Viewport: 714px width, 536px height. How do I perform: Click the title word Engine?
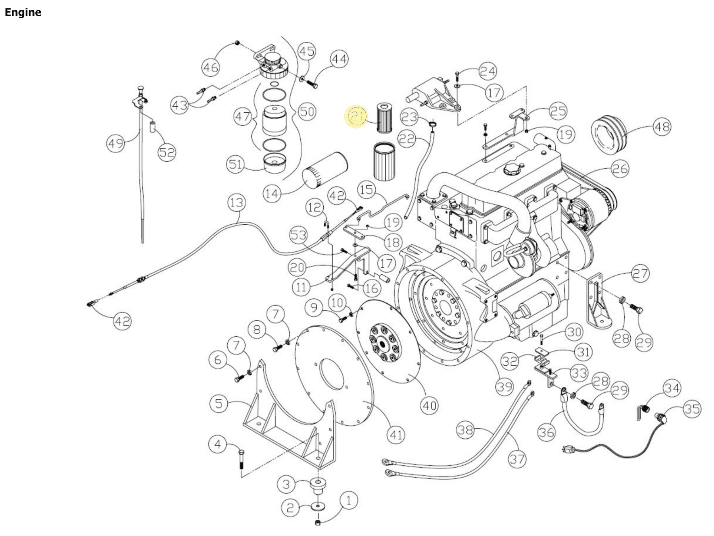[x=23, y=12]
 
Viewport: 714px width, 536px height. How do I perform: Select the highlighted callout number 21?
[x=356, y=116]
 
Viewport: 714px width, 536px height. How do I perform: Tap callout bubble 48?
[x=662, y=127]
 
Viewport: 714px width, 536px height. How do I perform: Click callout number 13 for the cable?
[x=236, y=203]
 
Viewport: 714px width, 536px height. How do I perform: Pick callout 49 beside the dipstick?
[x=115, y=143]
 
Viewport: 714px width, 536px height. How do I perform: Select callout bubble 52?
[x=167, y=152]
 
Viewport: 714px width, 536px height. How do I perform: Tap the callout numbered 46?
[x=210, y=67]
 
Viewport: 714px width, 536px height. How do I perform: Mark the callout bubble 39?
[x=504, y=386]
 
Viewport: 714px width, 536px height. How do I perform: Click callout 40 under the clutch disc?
[x=430, y=406]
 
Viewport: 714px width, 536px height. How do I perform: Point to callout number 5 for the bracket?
[x=219, y=404]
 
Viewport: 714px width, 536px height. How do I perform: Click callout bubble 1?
[x=349, y=500]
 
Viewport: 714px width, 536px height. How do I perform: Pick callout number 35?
[x=692, y=409]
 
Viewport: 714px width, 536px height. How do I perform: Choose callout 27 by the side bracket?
[x=640, y=274]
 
